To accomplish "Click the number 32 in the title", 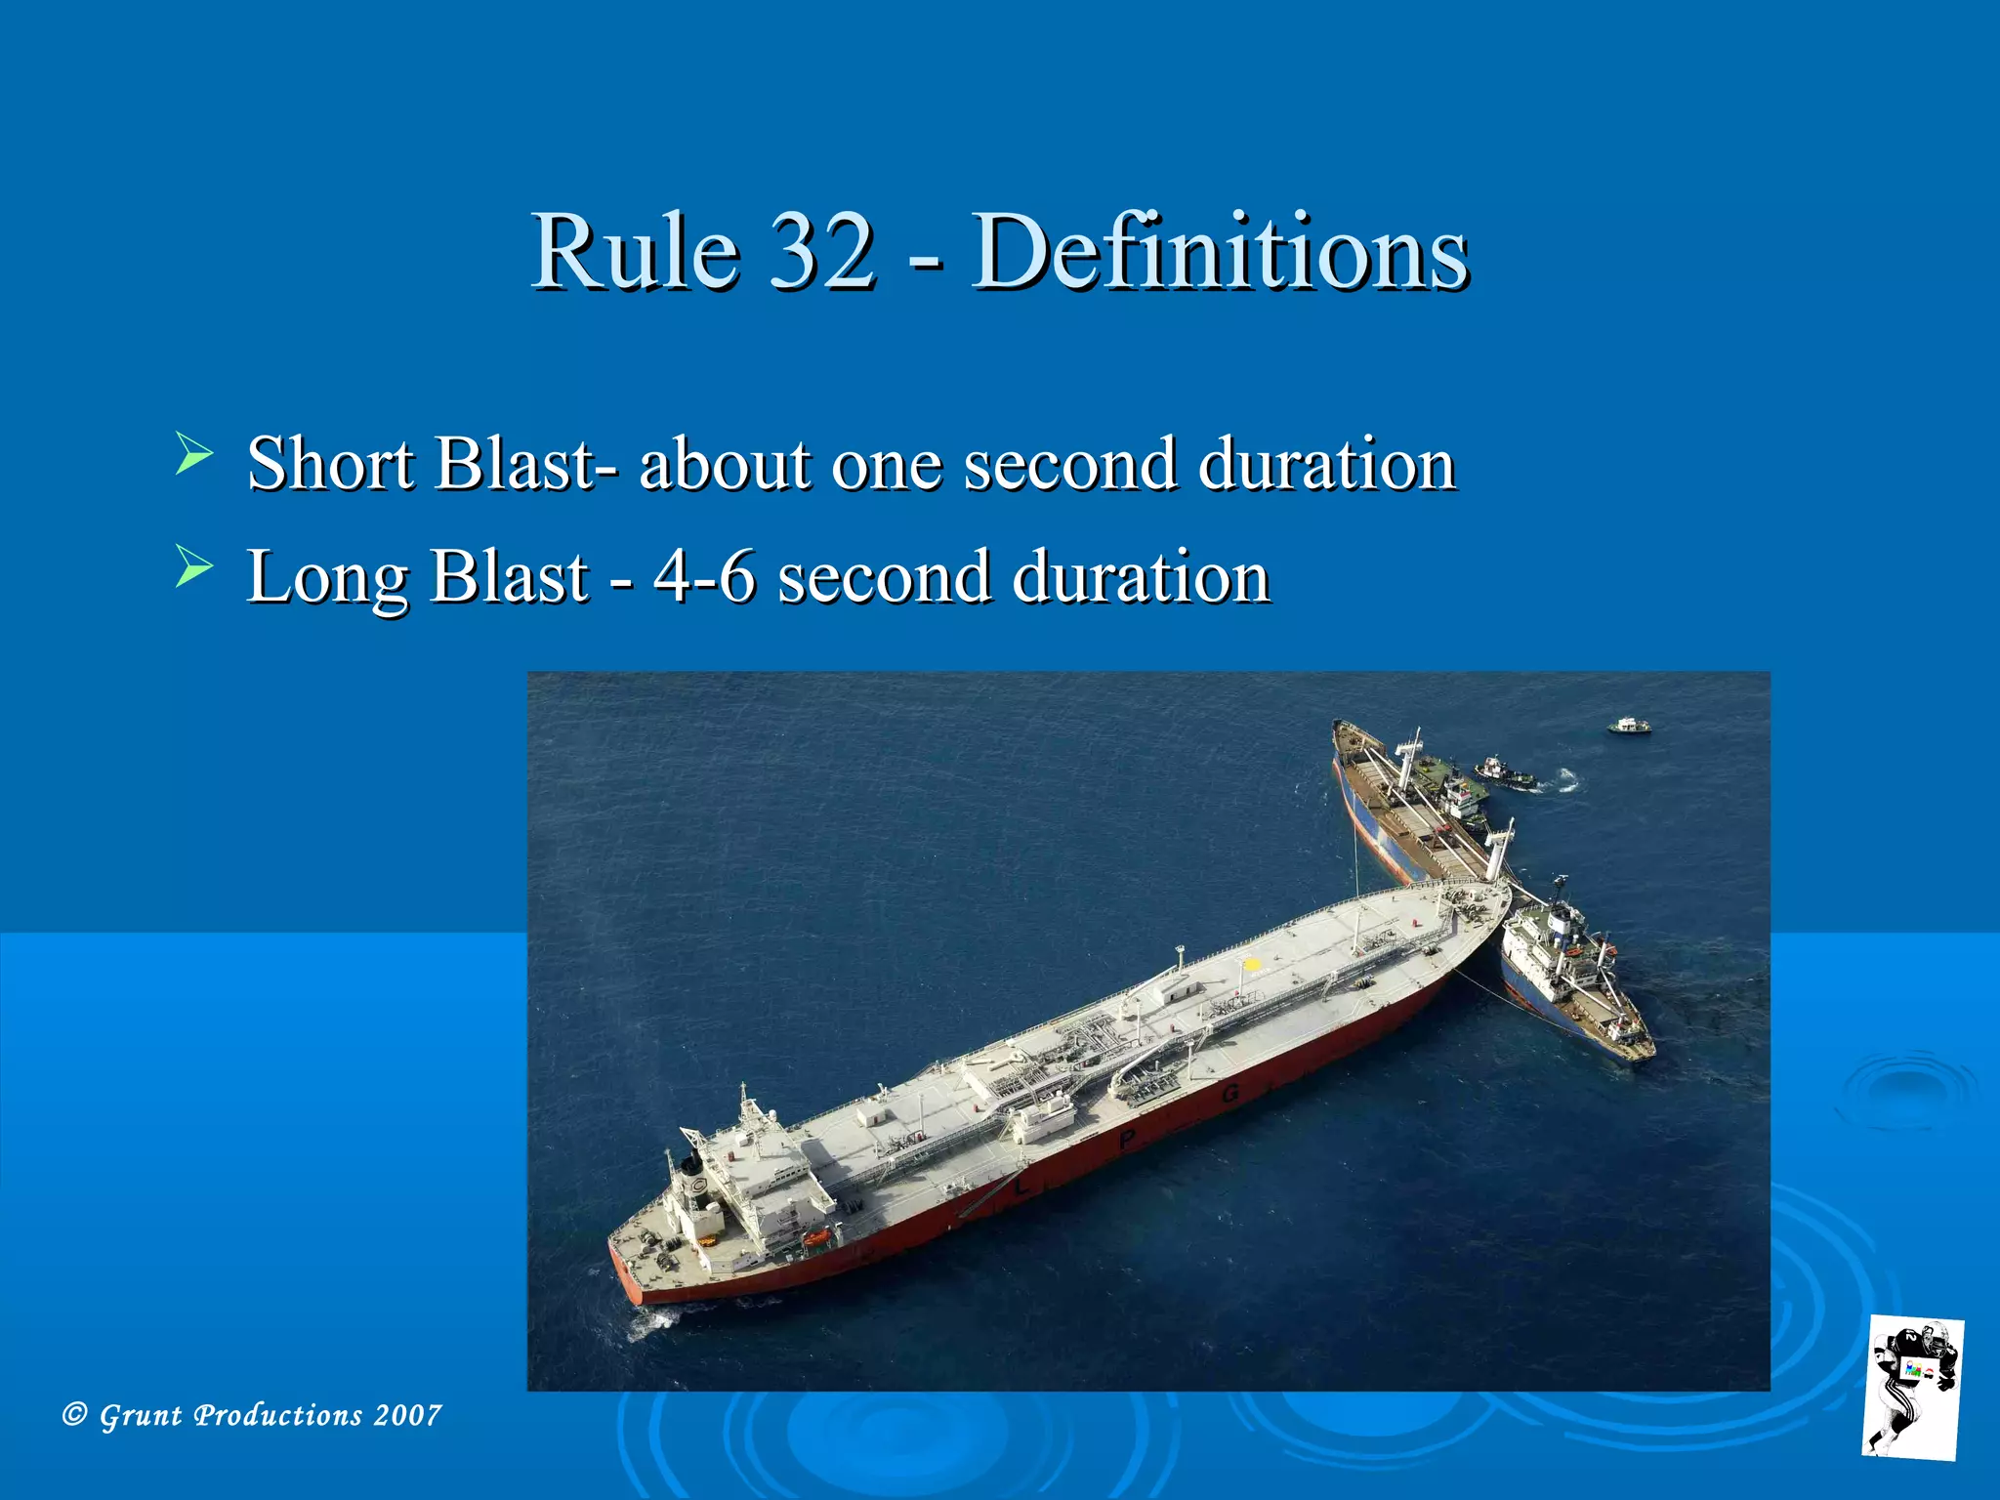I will click(x=822, y=251).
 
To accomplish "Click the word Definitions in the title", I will click(x=1220, y=251).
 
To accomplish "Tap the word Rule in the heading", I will click(x=635, y=251).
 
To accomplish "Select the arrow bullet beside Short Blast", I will click(x=193, y=454).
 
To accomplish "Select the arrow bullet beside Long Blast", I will click(x=193, y=567).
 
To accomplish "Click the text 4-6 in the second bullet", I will click(x=704, y=576).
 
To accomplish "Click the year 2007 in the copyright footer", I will click(x=407, y=1415).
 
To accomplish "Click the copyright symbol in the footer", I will click(x=74, y=1414).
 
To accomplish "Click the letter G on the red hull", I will click(x=1230, y=1093).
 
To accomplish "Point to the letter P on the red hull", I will click(x=1127, y=1139).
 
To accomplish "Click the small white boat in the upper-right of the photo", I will click(x=1629, y=726).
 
